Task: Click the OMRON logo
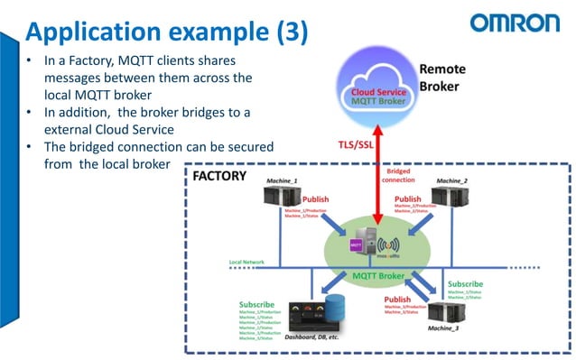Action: pos(516,23)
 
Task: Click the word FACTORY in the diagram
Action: pos(219,175)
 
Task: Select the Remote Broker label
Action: pos(441,78)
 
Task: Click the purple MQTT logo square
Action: pos(357,243)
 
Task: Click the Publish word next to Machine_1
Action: pos(316,200)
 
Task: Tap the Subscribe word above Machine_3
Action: pos(466,283)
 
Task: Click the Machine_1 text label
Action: pos(282,181)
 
